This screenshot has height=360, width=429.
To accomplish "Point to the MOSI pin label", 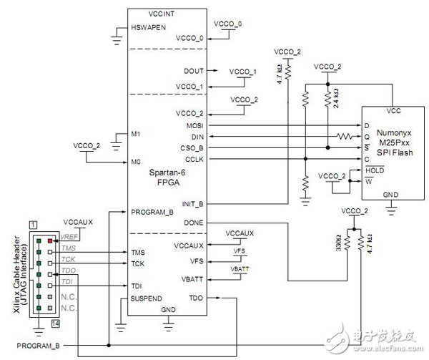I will tap(194, 125).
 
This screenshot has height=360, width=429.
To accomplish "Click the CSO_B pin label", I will tap(191, 147).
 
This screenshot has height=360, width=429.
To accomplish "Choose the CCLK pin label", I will tap(193, 158).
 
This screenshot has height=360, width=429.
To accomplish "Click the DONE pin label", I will tap(194, 223).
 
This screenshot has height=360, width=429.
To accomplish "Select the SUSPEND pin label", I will tap(149, 296).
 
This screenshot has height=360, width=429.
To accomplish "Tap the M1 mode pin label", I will tap(136, 135).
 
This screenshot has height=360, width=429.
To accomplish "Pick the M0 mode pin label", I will tap(136, 162).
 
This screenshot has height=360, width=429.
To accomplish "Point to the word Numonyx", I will tap(397, 131).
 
